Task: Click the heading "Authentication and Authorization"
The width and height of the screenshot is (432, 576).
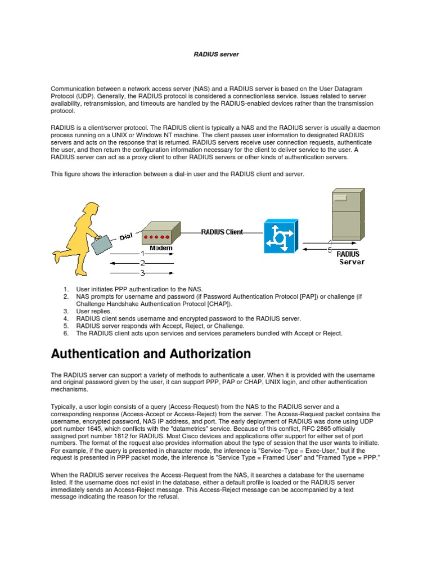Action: [x=151, y=354]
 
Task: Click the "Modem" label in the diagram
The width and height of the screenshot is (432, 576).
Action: [x=161, y=247]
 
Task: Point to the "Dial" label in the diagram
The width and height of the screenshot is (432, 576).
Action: [x=125, y=237]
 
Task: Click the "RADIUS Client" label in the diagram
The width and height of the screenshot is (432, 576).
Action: [x=222, y=232]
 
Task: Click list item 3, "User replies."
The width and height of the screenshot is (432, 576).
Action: [x=94, y=310]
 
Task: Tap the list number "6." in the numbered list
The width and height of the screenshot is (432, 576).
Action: [x=66, y=333]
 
